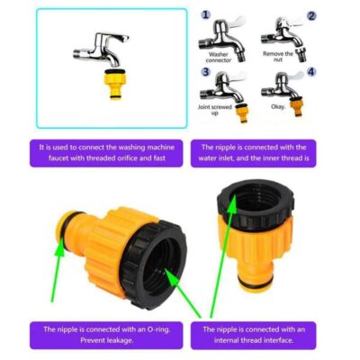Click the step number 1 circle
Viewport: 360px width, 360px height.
(205, 14)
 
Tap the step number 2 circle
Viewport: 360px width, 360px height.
(311, 15)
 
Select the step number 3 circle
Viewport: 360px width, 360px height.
(205, 72)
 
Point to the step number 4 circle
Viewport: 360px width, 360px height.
(311, 72)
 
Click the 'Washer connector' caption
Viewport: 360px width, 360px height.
(219, 58)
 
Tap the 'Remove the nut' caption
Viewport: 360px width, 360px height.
(278, 57)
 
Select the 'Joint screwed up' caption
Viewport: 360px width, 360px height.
(215, 110)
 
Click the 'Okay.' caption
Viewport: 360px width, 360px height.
(278, 106)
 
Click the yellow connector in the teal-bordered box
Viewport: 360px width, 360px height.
(116, 84)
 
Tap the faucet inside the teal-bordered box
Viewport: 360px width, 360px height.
(102, 49)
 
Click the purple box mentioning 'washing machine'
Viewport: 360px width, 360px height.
(106, 153)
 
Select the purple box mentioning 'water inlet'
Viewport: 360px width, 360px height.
(254, 153)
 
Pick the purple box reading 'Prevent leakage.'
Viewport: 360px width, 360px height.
(106, 335)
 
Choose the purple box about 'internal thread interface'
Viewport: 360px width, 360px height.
(254, 335)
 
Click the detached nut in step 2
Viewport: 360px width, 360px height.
(301, 54)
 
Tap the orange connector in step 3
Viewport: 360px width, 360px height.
(243, 112)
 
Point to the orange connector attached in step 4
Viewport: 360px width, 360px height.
(298, 105)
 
